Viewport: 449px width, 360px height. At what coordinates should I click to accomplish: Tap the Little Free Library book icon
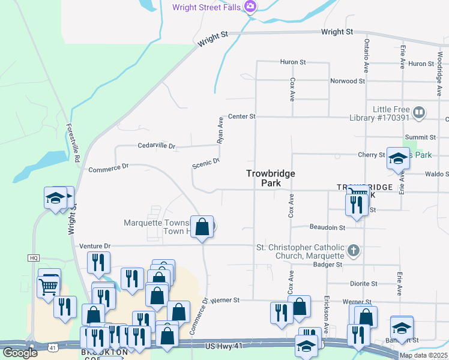419,112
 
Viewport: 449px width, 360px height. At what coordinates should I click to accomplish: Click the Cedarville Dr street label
156,146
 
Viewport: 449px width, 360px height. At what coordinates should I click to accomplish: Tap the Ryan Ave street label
220,130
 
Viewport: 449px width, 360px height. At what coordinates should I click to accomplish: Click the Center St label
241,116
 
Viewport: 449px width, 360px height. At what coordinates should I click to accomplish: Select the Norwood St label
348,81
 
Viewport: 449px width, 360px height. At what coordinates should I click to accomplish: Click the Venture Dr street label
95,246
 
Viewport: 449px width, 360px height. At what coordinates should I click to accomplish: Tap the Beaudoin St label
327,228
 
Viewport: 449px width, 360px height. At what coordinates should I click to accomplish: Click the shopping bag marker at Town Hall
202,227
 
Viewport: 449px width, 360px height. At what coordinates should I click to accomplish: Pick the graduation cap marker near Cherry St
398,158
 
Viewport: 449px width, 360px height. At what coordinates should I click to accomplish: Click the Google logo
20,352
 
